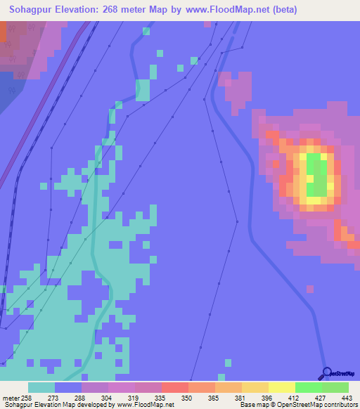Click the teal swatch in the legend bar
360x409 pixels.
(41, 387)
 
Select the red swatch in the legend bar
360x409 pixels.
(174, 387)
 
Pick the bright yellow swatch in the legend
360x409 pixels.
(281, 387)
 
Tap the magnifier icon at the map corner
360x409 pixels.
(327, 372)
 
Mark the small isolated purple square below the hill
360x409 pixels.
(310, 288)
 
